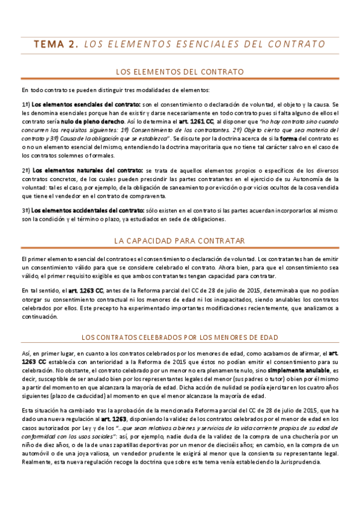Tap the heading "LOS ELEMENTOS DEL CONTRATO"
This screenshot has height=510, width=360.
pyautogui.click(x=180, y=72)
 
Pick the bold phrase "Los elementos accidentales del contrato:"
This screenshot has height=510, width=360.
pyautogui.click(x=70, y=210)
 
